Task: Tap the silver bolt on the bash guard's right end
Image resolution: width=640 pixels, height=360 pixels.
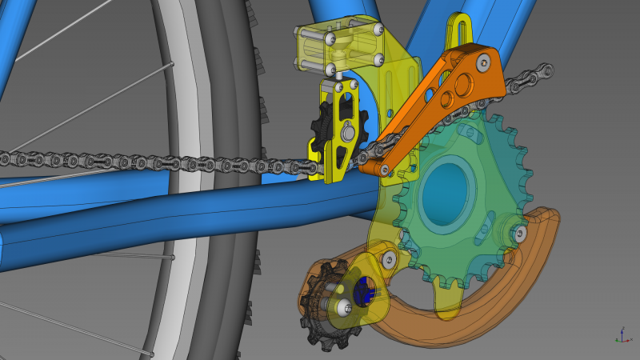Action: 521,234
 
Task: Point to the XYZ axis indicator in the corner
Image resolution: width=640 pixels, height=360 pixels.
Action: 622,335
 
